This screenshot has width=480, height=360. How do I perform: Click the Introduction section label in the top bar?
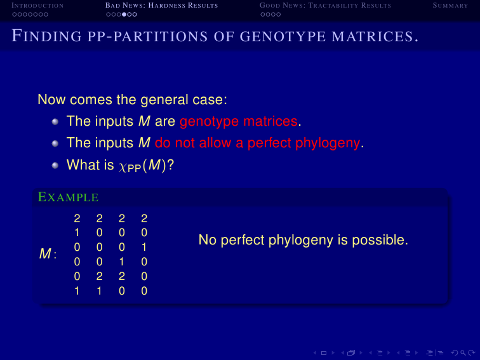[x=37, y=6]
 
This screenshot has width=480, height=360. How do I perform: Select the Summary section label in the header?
[x=450, y=6]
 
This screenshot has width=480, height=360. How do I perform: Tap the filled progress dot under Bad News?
[x=124, y=15]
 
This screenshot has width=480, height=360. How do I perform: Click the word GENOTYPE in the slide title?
[x=283, y=36]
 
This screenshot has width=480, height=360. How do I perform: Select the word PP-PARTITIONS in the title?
[x=147, y=36]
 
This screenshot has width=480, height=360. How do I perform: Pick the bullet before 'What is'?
[x=55, y=165]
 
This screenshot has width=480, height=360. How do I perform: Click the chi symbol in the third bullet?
[x=123, y=166]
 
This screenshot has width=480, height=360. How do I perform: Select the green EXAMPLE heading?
[x=68, y=197]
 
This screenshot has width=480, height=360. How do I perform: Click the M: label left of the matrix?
[x=48, y=254]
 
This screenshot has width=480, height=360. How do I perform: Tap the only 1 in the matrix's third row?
[x=144, y=247]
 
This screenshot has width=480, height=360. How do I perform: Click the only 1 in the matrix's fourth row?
[x=121, y=262]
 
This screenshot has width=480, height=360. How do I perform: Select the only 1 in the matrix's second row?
[x=77, y=232]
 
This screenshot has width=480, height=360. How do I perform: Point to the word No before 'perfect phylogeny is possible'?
[x=208, y=240]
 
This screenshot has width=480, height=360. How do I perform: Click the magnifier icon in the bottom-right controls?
[x=463, y=353]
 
